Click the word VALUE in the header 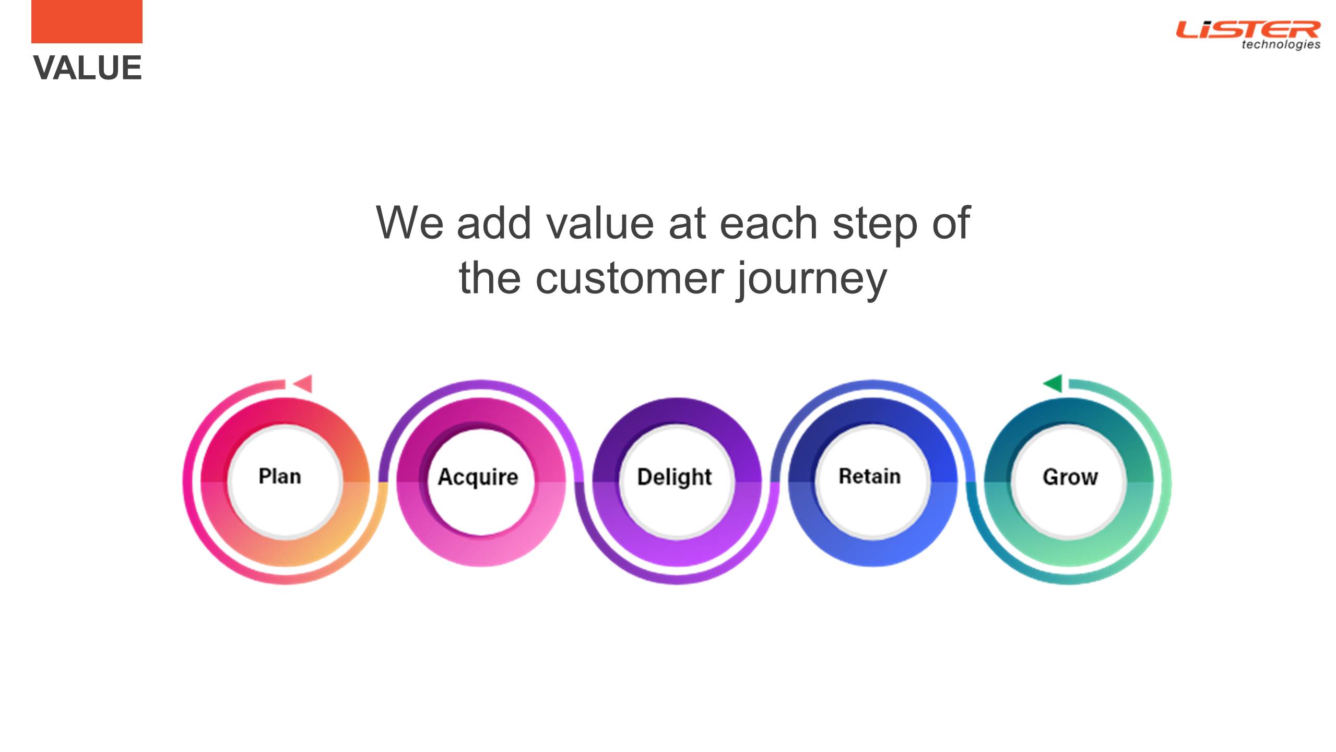tap(87, 68)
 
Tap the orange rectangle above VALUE tap(87, 21)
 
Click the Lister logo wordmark tap(1248, 30)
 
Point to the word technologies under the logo tap(1281, 44)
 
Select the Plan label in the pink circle tap(280, 476)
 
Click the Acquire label tap(478, 477)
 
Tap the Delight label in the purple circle tap(675, 477)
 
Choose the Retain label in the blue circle tap(870, 476)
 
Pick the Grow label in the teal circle tap(1070, 477)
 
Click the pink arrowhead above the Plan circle tap(303, 384)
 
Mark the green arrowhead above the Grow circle tap(1053, 383)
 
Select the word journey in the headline tap(812, 280)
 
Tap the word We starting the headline tap(410, 224)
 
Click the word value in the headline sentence tap(600, 224)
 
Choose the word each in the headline tap(769, 224)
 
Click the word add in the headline tap(494, 224)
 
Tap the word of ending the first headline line tap(951, 222)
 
